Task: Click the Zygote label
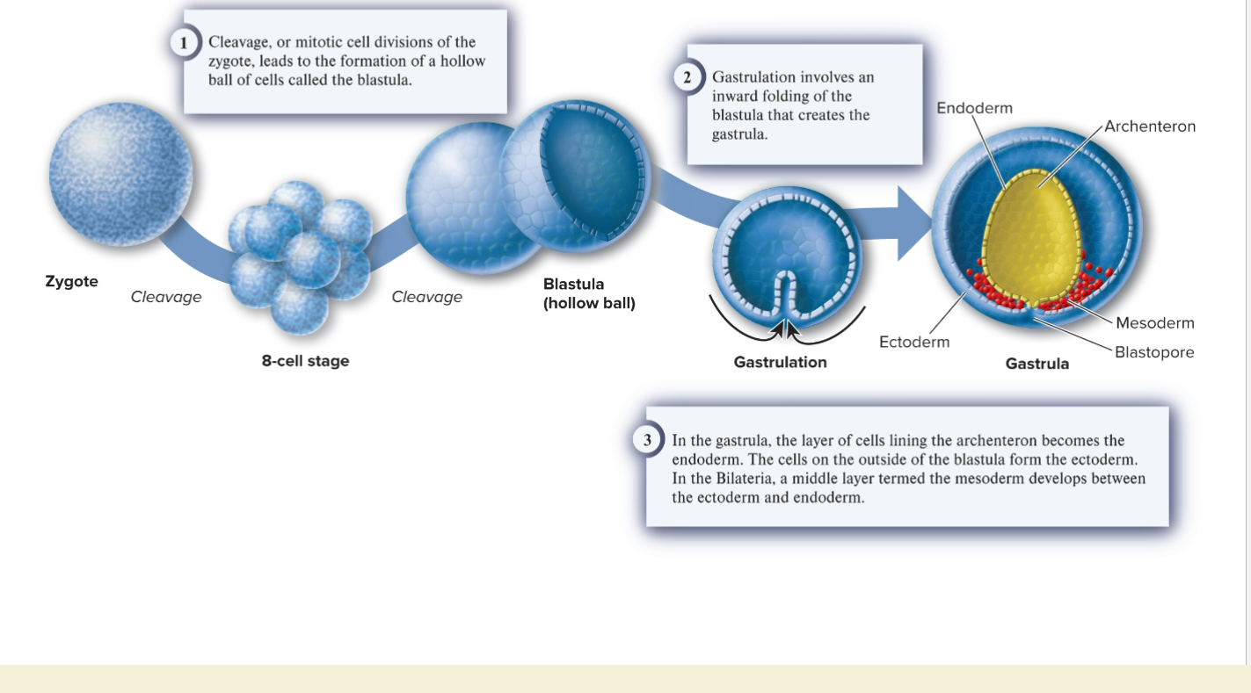[x=71, y=282]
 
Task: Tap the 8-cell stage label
[x=305, y=361]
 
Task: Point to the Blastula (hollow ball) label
[x=588, y=294]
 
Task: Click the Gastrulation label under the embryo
[x=780, y=362]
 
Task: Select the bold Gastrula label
[x=1037, y=364]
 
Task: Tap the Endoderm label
[x=974, y=108]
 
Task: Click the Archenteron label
[x=1149, y=126]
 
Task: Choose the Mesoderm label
[x=1154, y=323]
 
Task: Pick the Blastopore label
[x=1153, y=352]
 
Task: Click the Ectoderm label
[x=914, y=342]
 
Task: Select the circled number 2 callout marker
[x=688, y=77]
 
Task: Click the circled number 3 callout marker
[x=648, y=440]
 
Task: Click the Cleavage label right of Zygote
[x=166, y=297]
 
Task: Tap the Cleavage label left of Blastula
[x=426, y=297]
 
